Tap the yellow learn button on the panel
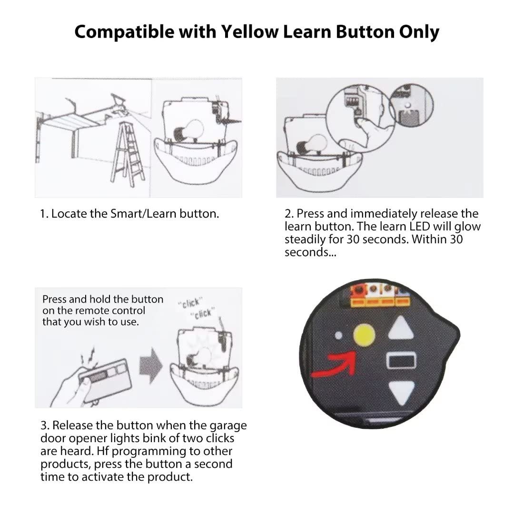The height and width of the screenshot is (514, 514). (x=364, y=336)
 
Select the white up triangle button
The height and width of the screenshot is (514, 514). (x=401, y=327)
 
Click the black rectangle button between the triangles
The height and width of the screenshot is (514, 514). (x=402, y=361)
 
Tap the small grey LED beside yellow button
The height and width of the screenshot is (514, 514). (x=338, y=335)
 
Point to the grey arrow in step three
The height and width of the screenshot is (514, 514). (x=151, y=365)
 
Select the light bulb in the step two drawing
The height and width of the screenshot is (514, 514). (x=312, y=144)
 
